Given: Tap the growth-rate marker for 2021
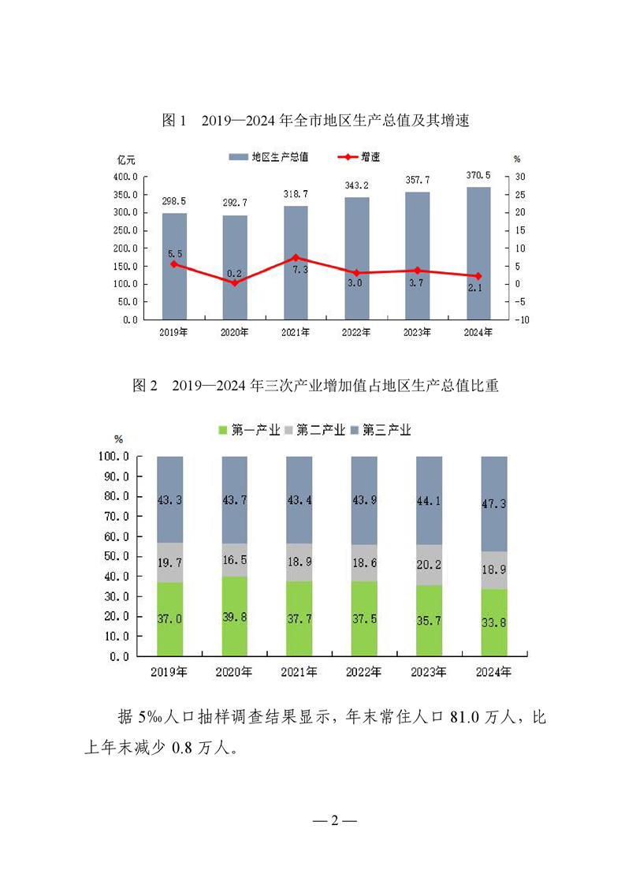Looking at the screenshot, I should (x=296, y=257).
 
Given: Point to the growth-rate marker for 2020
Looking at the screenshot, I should (x=235, y=282).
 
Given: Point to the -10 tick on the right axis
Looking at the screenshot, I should (x=522, y=319).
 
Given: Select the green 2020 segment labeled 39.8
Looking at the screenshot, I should (x=235, y=616).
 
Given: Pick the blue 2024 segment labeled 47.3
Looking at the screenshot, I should (x=494, y=503).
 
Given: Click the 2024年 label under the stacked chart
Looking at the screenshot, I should (x=494, y=672).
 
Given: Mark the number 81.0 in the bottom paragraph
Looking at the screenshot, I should (x=465, y=718).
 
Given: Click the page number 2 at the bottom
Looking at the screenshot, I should (x=334, y=821).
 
